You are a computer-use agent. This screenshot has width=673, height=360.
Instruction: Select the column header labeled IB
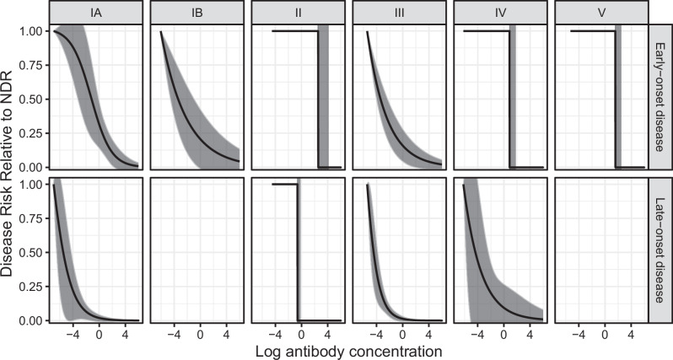196,13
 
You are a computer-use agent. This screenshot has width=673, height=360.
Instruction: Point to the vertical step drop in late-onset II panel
298,252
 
